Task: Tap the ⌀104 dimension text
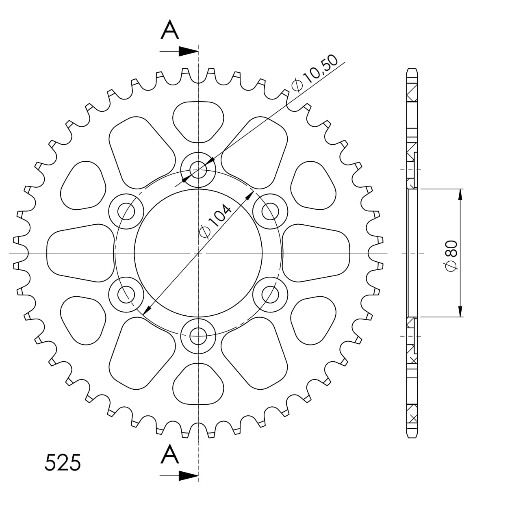pos(215,221)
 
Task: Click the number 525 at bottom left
pos(63,463)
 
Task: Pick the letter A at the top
pos(170,30)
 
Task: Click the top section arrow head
pos(188,52)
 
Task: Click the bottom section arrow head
pos(188,475)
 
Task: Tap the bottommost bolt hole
pos(198,336)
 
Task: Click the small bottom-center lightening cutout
pos(198,384)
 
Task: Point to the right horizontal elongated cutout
pos(316,253)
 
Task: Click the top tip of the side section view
pos(412,69)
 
